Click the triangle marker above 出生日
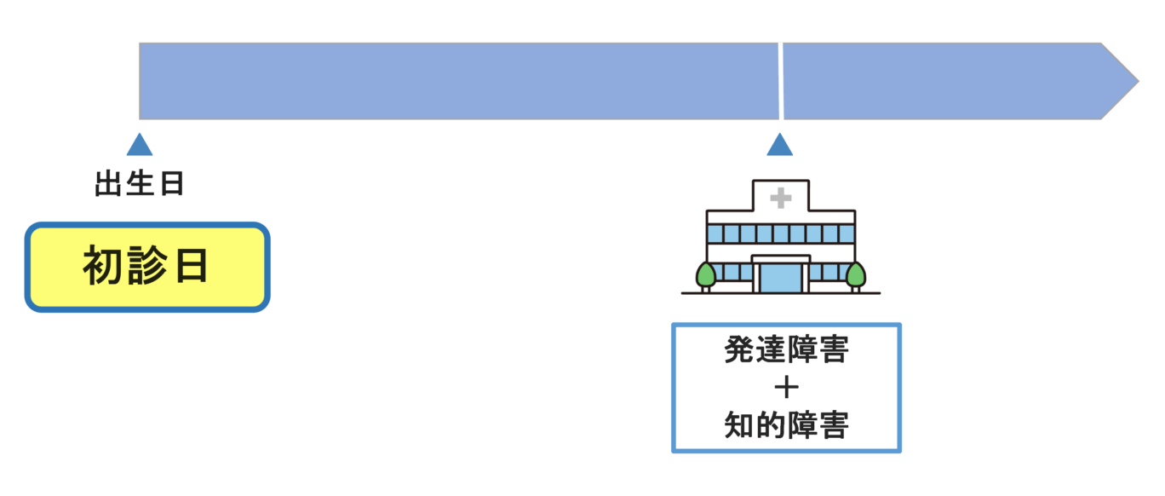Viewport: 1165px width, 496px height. coord(140,146)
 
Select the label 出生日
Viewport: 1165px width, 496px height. coord(140,185)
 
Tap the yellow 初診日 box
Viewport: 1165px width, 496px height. coord(147,268)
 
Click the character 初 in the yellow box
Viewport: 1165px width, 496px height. coord(101,268)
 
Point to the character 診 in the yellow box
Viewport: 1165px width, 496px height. coord(146,268)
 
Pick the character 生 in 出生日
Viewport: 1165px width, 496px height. coord(140,185)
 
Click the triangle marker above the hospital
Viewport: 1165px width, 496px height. coord(779,146)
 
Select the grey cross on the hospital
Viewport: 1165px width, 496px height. coord(780,199)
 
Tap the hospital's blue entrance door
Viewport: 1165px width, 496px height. coord(780,277)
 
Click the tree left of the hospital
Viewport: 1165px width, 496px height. coord(706,274)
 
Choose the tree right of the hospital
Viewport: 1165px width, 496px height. coord(855,274)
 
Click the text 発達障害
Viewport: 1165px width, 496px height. coord(786,350)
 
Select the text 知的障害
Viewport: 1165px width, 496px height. coord(786,425)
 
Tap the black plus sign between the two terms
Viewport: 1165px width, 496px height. coord(786,388)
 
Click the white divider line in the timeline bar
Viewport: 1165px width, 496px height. coord(780,81)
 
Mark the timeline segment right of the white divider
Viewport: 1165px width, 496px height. coord(945,81)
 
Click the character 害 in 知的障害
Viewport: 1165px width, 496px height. coord(833,425)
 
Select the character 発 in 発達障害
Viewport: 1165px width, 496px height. coord(739,350)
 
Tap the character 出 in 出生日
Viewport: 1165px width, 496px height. coord(108,185)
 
